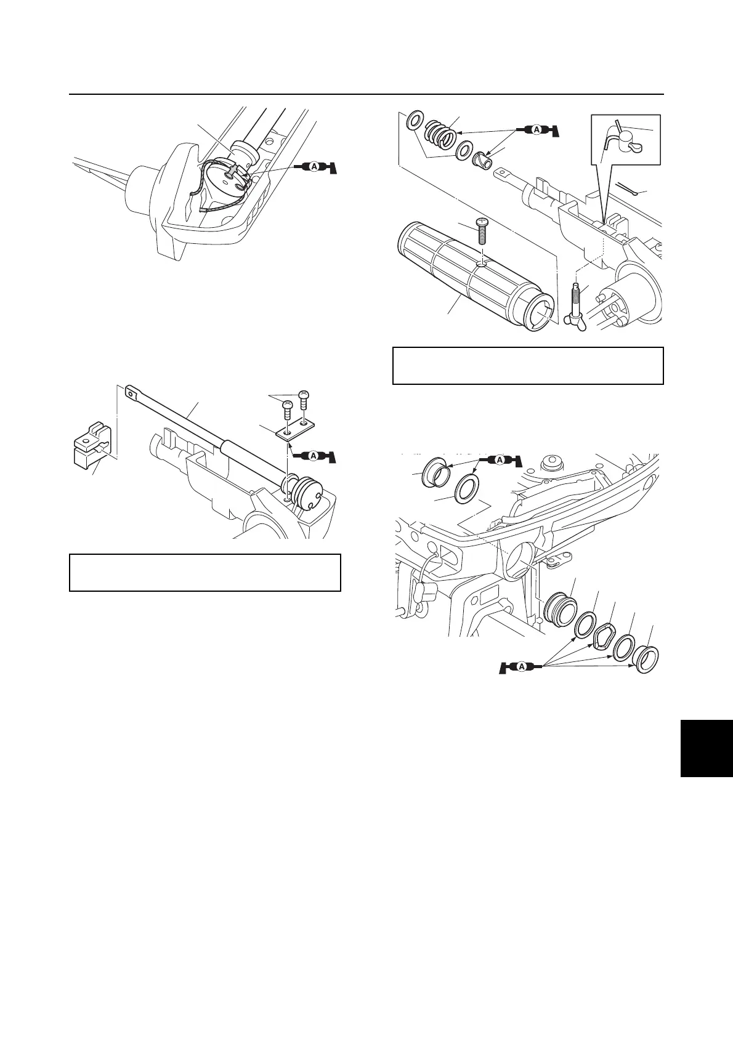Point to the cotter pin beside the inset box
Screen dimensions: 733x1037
pos(629,190)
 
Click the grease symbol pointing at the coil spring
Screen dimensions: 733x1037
pos(537,131)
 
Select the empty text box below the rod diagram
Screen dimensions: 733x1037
pos(205,573)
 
